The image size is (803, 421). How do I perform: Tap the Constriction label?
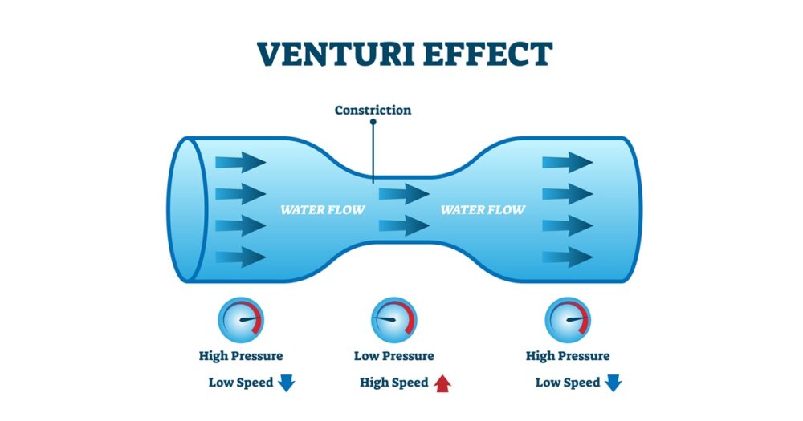tap(373, 110)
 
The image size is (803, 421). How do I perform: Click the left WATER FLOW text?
tap(322, 210)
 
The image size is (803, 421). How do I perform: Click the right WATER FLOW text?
tap(483, 210)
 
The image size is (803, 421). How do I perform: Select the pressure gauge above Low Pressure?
tap(393, 320)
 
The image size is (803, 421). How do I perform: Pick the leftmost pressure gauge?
tap(241, 320)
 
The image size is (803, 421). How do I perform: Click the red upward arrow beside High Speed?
tap(442, 383)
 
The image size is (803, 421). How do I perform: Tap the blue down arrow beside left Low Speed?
tap(287, 383)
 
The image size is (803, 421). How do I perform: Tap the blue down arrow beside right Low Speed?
tap(613, 383)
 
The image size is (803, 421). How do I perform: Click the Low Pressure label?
tap(393, 356)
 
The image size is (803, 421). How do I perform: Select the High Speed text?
tap(393, 383)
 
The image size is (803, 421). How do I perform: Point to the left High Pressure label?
tap(241, 356)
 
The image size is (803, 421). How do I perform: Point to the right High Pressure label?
tap(568, 356)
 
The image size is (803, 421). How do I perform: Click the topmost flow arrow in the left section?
tap(240, 163)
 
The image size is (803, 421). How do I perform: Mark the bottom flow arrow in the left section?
tap(240, 257)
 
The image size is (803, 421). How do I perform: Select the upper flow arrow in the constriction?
tap(404, 194)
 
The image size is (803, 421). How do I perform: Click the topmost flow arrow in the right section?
tap(567, 163)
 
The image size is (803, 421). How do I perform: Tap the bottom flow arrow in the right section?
tap(567, 257)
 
